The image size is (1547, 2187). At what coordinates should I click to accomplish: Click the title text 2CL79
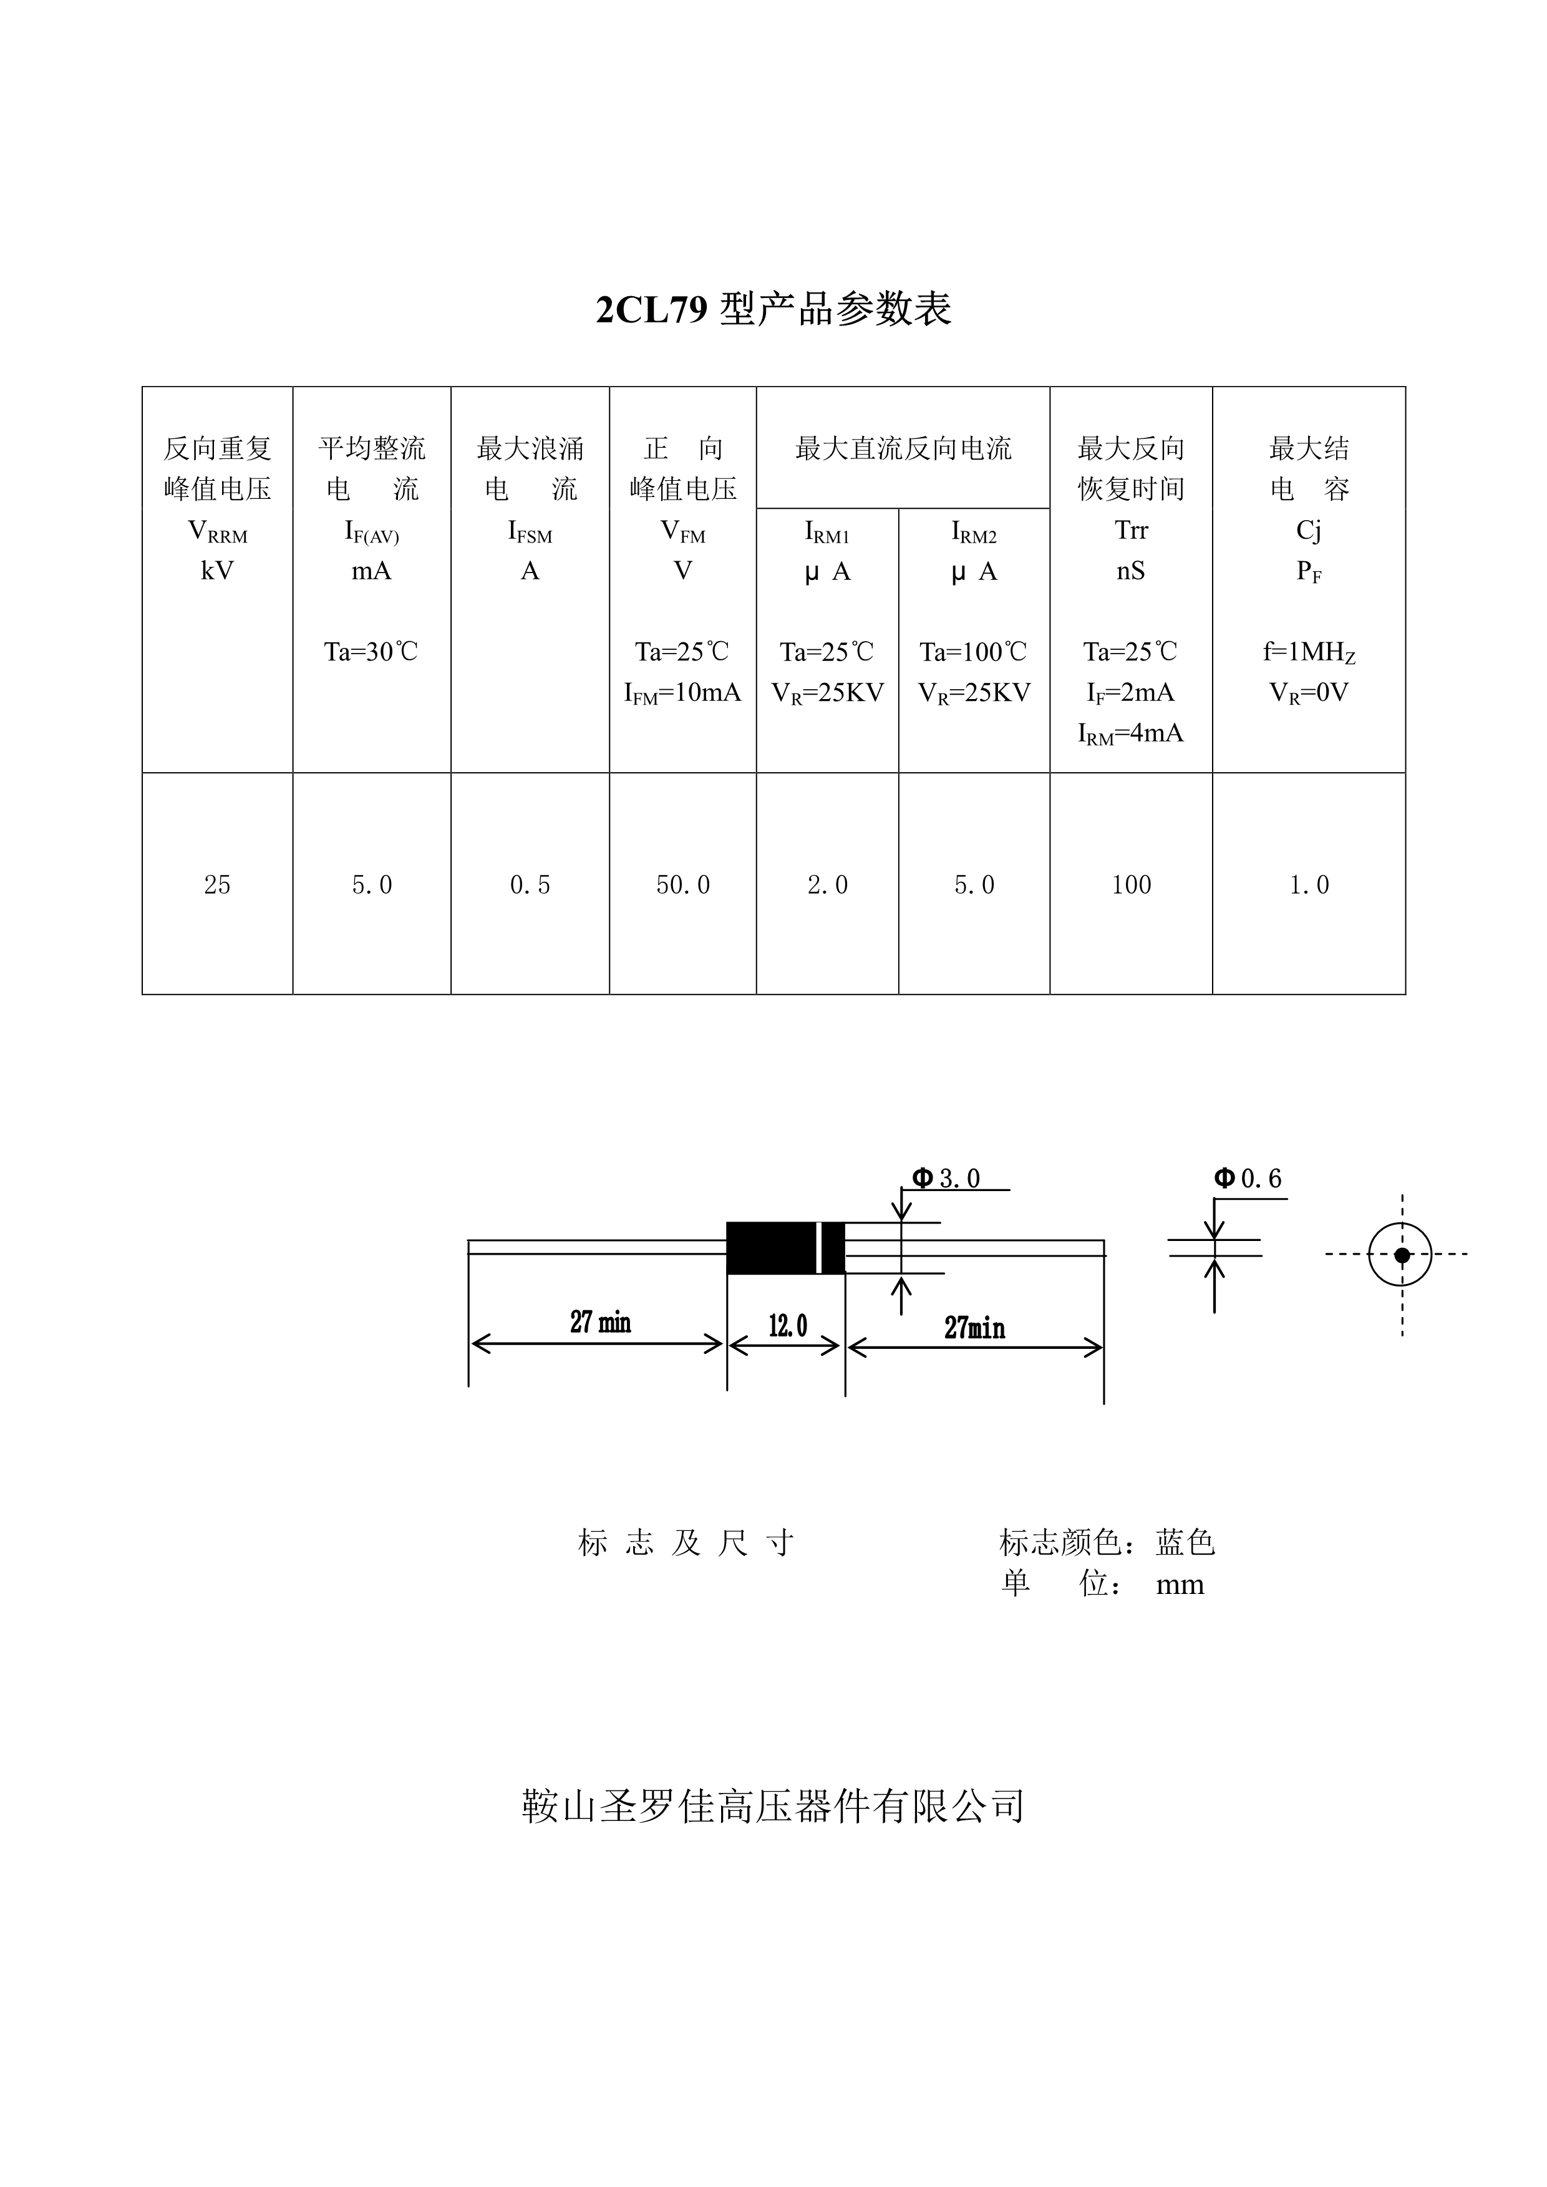[652, 309]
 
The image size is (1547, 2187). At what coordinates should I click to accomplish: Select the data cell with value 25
[217, 885]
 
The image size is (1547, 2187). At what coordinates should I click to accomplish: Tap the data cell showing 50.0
[683, 885]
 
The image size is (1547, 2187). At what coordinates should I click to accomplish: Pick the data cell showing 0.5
[530, 885]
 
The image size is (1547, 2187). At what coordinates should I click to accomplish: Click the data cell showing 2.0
[827, 885]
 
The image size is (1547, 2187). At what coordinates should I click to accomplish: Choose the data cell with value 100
[1131, 885]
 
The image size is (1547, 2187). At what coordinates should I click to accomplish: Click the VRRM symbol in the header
[217, 531]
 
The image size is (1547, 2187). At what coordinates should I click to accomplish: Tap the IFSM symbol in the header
[530, 531]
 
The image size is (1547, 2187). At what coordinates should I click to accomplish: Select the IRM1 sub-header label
[827, 531]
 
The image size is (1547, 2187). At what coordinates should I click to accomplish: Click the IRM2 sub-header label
[974, 531]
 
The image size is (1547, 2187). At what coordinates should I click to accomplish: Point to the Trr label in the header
[1131, 529]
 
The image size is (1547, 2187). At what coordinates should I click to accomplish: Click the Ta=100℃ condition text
[974, 652]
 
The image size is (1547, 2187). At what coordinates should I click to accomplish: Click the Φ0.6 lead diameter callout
[1248, 1178]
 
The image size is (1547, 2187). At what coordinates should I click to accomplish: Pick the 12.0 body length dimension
[788, 1325]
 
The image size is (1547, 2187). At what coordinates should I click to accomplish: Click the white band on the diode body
[819, 1248]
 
